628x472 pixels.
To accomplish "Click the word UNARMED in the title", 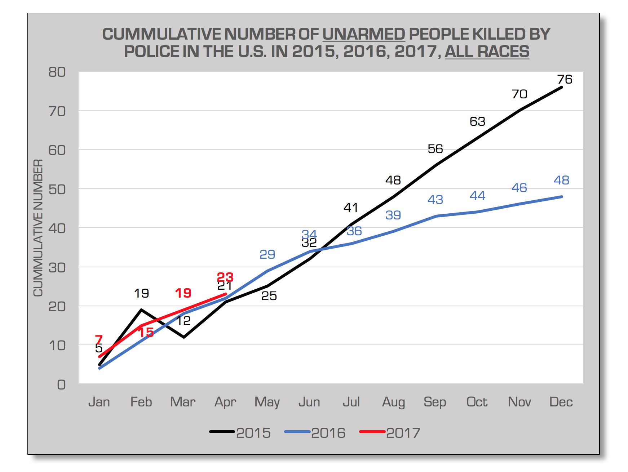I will [x=363, y=34].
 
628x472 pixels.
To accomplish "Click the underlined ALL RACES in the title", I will [x=487, y=51].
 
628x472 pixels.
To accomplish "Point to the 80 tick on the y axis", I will [x=57, y=72].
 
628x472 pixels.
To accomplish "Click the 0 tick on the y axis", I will [x=61, y=384].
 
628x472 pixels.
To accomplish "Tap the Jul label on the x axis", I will [x=351, y=402].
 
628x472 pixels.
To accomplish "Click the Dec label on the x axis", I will [x=561, y=402].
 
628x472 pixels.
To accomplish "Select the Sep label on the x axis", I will [x=435, y=402].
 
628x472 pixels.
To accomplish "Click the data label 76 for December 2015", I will [x=565, y=79].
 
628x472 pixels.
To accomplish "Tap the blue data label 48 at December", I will [x=561, y=180].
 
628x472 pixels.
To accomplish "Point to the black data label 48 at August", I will [x=393, y=180].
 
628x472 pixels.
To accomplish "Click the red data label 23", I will [x=225, y=277].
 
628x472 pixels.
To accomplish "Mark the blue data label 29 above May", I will [x=267, y=254].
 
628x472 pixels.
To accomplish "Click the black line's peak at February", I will [x=141, y=310].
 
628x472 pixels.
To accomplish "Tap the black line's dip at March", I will [x=184, y=337].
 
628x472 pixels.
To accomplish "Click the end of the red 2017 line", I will [x=226, y=294].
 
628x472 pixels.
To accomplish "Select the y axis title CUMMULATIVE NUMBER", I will [x=38, y=228].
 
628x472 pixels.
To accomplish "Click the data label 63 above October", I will [x=477, y=121].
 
